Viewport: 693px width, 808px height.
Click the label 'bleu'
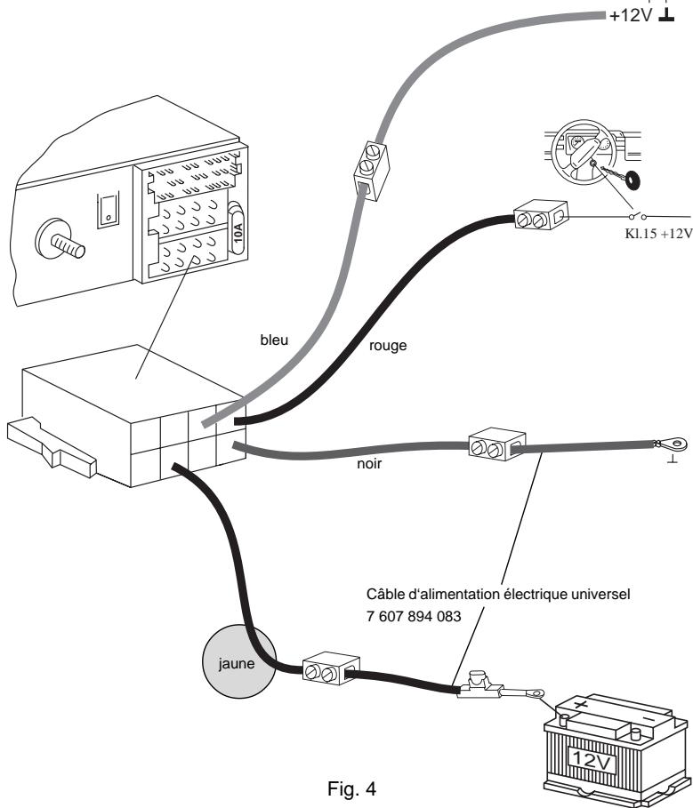tap(274, 340)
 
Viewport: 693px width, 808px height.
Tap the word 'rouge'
tap(388, 346)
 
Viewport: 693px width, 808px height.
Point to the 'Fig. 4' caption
tap(351, 788)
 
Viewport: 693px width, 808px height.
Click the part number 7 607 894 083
tap(414, 616)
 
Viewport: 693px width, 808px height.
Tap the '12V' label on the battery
tap(591, 761)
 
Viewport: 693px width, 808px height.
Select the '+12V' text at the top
tap(631, 15)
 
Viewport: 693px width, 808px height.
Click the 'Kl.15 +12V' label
tap(658, 234)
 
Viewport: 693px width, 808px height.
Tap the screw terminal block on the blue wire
tap(370, 170)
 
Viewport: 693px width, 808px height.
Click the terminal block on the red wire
tap(541, 216)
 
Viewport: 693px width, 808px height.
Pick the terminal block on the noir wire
tap(497, 444)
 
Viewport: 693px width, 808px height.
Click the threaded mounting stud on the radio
tap(60, 240)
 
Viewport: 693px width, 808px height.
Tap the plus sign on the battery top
tap(581, 704)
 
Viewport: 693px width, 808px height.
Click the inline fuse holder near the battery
tap(479, 685)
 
